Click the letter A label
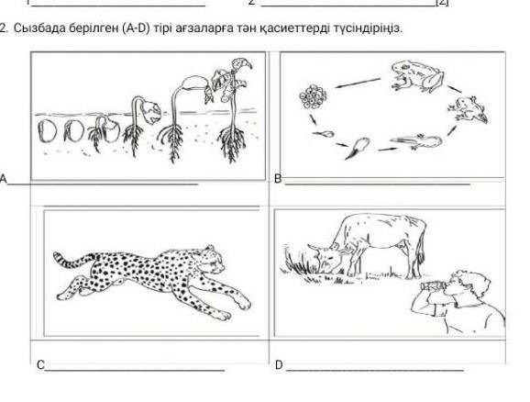pos(3,179)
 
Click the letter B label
pos(278,179)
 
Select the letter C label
pos(40,365)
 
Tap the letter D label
pos(279,365)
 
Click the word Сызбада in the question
pos(39,28)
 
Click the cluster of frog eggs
pos(313,97)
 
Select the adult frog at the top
pos(417,76)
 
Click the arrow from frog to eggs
pos(358,84)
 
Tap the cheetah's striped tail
pos(72,261)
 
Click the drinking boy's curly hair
pos(473,282)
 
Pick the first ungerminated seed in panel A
pos(47,131)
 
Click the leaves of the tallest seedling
pos(230,80)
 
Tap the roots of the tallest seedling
pos(232,142)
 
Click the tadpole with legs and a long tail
pos(416,141)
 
